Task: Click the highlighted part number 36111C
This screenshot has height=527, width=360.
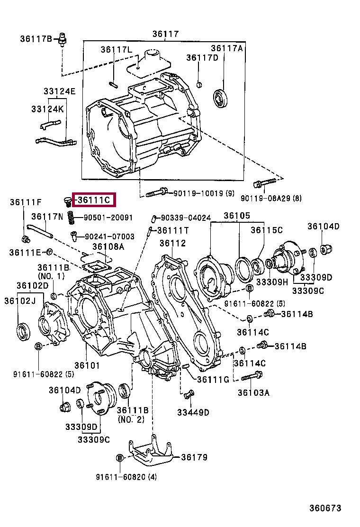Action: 94,200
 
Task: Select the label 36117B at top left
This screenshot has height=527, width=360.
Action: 36,38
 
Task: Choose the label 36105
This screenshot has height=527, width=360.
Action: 237,216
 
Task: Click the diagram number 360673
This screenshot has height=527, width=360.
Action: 325,508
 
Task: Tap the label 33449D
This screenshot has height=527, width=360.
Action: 193,412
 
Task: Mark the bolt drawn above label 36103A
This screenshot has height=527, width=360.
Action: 252,377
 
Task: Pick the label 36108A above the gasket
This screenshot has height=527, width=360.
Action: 108,246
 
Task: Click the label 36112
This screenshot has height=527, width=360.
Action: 172,243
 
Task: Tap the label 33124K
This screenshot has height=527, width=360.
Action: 47,109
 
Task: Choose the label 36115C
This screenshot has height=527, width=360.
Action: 267,230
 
